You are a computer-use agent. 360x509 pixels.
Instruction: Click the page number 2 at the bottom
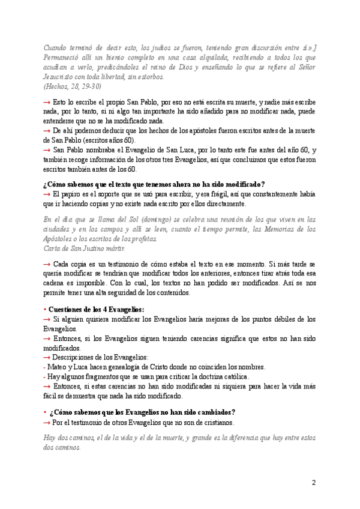313,483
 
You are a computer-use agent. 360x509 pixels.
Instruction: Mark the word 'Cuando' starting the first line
58,48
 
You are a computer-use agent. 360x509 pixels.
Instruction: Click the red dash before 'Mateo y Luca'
45,367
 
